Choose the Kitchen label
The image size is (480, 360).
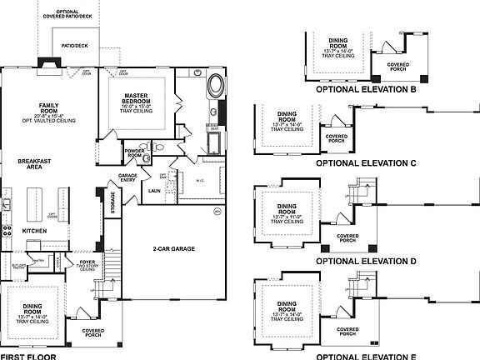pyautogui.click(x=33, y=230)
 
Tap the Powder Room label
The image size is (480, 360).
pyautogui.click(x=134, y=152)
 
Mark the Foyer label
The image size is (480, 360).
pyautogui.click(x=87, y=262)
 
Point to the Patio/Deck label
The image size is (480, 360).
pyautogui.click(x=75, y=47)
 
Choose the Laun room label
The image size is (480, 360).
pyautogui.click(x=155, y=190)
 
